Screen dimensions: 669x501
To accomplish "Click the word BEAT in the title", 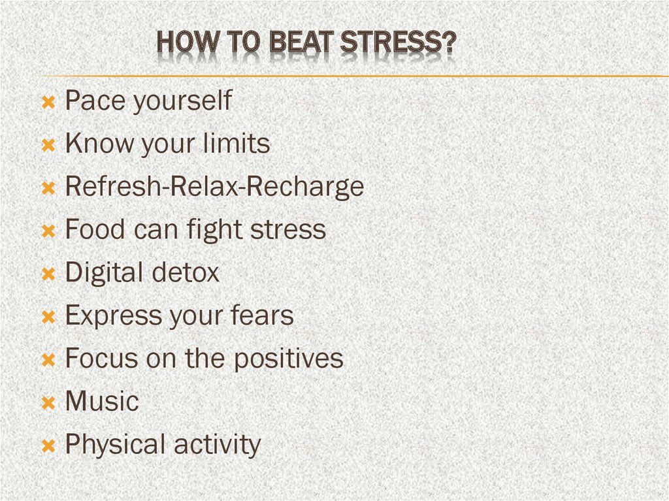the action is [301, 42].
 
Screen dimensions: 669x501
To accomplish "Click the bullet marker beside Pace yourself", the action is [48, 102].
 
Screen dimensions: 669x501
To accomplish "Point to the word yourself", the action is [183, 101].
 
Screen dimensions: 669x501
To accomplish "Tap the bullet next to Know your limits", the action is [48, 145].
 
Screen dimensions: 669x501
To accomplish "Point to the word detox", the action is [185, 272].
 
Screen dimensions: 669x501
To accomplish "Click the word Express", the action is [113, 316].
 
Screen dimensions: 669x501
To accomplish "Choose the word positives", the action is [289, 359].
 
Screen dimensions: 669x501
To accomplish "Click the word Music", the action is [102, 400].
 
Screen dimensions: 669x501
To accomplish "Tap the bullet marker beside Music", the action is [48, 403].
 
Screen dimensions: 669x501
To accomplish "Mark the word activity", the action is [217, 445].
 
